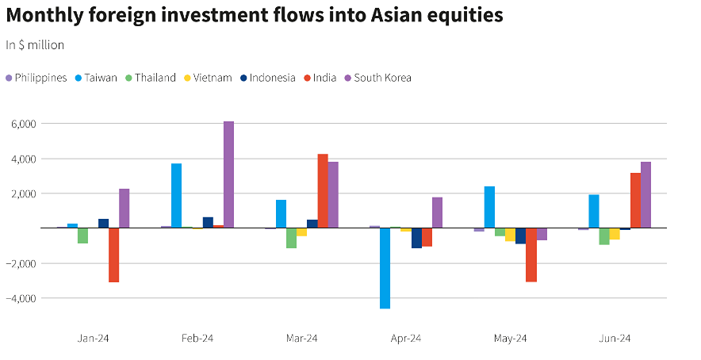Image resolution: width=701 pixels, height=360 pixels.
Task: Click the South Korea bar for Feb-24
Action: pyautogui.click(x=228, y=174)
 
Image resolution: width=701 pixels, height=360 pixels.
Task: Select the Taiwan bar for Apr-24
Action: pyautogui.click(x=385, y=268)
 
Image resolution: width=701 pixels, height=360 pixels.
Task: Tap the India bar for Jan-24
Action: pyautogui.click(x=113, y=255)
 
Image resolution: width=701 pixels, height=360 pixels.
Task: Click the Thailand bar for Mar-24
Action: pyautogui.click(x=291, y=238)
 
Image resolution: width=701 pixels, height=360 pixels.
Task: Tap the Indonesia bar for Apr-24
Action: pyautogui.click(x=416, y=238)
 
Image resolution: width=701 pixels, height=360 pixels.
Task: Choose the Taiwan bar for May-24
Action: pyautogui.click(x=489, y=207)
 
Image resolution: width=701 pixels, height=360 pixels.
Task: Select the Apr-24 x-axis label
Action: pyautogui.click(x=405, y=338)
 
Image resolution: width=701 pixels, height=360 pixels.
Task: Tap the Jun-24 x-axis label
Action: pyautogui.click(x=615, y=338)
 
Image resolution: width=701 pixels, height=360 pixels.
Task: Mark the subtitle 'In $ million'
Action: pyautogui.click(x=35, y=45)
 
